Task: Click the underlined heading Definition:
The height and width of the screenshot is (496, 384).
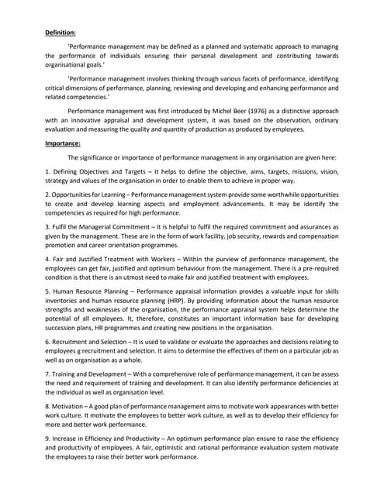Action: click(x=60, y=33)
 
